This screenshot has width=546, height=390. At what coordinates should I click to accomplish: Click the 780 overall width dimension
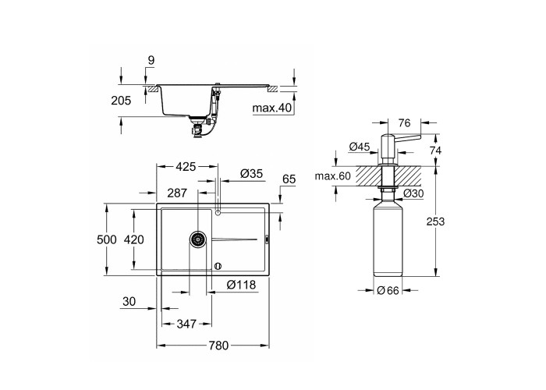(x=218, y=346)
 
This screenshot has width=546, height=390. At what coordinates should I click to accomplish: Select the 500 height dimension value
(x=107, y=239)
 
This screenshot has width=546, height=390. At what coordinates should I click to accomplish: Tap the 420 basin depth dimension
(x=133, y=239)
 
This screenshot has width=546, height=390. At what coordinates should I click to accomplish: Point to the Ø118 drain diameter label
(x=241, y=285)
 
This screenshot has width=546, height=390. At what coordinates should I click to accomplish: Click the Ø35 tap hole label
(x=251, y=173)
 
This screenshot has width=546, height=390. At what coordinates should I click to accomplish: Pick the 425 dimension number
(x=186, y=167)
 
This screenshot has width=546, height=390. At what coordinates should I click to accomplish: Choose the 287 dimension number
(x=177, y=193)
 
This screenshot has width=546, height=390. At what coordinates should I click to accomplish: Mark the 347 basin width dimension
(x=186, y=324)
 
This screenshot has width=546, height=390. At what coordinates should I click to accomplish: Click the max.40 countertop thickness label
(x=272, y=108)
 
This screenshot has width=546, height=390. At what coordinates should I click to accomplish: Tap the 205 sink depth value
(x=121, y=101)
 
